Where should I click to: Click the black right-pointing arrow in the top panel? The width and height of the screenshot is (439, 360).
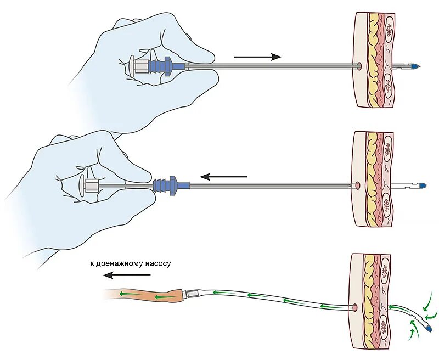tap(257, 57)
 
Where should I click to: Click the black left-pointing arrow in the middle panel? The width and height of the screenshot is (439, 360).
tap(223, 177)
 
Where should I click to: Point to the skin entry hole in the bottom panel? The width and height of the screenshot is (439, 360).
tap(354, 308)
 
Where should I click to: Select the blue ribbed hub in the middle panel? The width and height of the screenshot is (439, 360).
tap(167, 184)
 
